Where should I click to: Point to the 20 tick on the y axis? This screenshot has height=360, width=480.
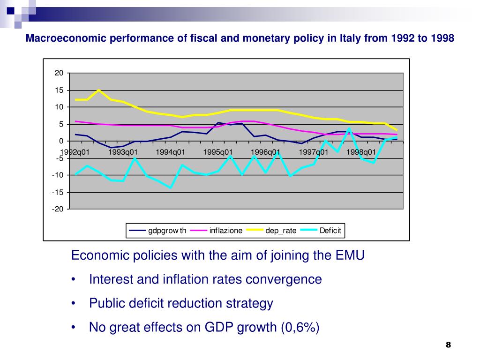click(59, 73)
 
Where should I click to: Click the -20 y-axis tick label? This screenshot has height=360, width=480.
click(58, 209)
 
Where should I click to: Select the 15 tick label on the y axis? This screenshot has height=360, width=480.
click(59, 90)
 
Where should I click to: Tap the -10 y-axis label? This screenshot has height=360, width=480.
click(58, 175)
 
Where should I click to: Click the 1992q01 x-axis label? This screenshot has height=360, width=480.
click(75, 152)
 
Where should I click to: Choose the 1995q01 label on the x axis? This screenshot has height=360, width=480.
click(218, 152)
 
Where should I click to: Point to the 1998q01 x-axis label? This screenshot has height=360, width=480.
click(361, 152)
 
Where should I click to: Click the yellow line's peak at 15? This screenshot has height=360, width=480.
click(98, 90)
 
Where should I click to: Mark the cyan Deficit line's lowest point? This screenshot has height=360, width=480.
click(171, 187)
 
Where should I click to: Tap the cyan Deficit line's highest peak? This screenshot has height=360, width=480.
click(349, 129)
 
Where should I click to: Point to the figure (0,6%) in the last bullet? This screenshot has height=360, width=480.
click(300, 327)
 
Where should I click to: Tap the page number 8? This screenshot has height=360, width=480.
click(449, 345)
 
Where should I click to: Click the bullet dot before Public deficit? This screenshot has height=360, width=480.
click(74, 304)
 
